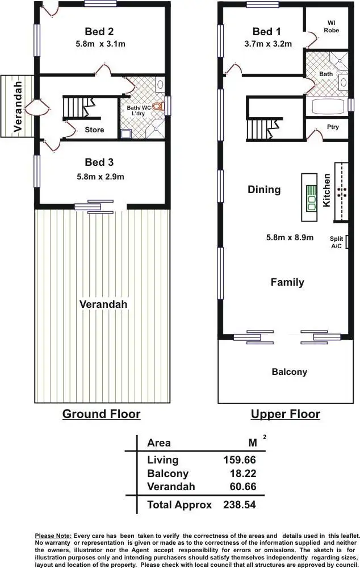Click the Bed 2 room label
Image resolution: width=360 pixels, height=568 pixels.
(x=99, y=31)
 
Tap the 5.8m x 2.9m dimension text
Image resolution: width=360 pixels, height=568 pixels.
(x=101, y=177)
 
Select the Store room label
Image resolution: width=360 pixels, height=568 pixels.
(x=94, y=130)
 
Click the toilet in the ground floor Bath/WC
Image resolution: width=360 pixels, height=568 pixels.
(x=158, y=107)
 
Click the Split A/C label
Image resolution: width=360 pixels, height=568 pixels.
(x=337, y=243)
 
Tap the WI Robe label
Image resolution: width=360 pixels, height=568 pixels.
(x=332, y=27)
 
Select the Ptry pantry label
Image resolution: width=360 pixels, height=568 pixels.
(x=333, y=127)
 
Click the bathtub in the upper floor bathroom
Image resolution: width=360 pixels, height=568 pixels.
(x=328, y=107)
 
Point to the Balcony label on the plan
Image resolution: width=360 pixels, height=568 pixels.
(x=290, y=371)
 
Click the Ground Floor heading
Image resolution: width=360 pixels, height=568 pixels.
(x=102, y=414)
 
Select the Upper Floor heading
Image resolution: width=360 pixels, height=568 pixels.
(x=286, y=414)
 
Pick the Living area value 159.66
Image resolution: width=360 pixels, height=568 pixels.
(x=240, y=460)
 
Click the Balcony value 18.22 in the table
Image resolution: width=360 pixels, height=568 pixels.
(x=243, y=474)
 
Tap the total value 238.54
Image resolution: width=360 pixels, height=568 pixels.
(x=240, y=504)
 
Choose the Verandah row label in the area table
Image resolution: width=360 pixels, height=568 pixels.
(x=171, y=487)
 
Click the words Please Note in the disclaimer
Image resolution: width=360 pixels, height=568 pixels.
(x=53, y=536)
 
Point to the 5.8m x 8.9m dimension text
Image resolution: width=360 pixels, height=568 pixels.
(x=290, y=237)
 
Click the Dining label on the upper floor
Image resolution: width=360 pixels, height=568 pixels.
(x=264, y=190)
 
